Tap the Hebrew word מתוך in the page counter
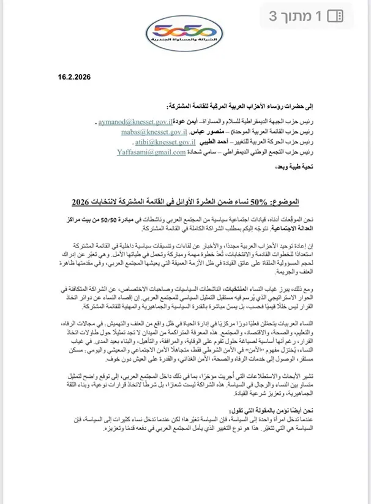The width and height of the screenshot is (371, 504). click(304, 16)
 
